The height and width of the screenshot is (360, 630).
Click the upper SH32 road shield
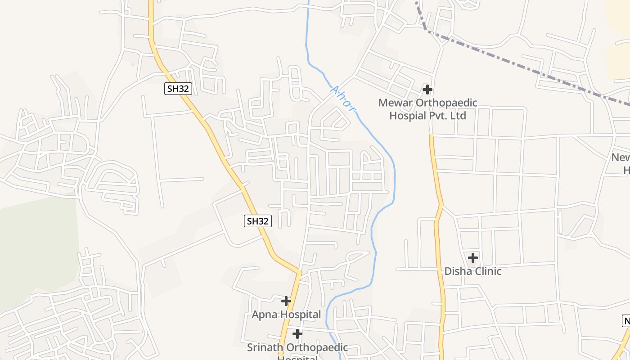tap(178, 89)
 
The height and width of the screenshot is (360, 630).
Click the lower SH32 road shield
tap(258, 221)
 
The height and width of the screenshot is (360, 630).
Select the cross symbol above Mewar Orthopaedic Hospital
tap(427, 90)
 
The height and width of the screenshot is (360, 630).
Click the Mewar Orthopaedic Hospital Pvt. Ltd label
tap(427, 109)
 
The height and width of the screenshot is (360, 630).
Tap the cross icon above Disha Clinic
tap(473, 258)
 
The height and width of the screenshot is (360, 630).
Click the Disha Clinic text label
tap(472, 271)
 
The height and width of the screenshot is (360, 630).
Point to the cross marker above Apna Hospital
tap(286, 301)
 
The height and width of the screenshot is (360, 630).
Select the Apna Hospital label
tap(286, 315)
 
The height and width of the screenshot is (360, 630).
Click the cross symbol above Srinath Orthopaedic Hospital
tap(297, 334)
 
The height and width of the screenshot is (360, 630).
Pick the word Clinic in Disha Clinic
tap(486, 271)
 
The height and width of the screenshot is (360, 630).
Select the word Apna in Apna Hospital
tap(262, 315)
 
